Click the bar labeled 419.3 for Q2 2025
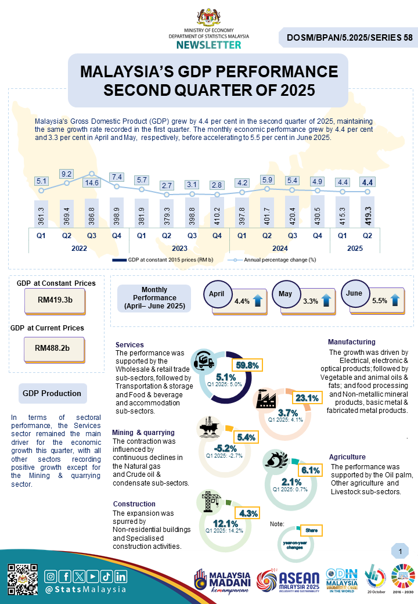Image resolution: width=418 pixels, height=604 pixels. point(367,212)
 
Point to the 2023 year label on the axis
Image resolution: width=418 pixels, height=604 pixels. point(179,248)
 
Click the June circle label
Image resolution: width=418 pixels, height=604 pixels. point(354,293)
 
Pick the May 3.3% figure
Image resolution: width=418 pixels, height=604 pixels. point(311,301)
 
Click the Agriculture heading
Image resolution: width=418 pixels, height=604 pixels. point(347,457)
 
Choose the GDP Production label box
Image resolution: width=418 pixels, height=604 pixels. point(52,393)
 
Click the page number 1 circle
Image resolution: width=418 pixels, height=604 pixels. point(400,550)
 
